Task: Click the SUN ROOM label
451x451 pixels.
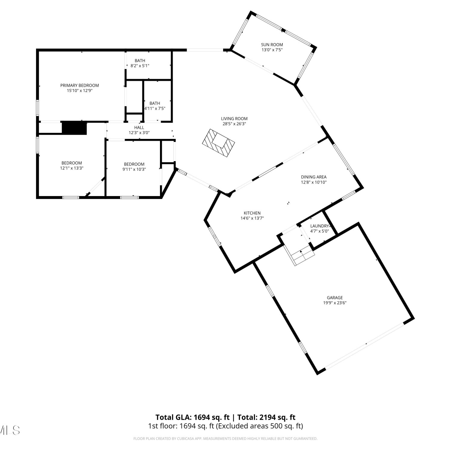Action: click(x=272, y=45)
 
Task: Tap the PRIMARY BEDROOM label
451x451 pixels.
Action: click(x=80, y=85)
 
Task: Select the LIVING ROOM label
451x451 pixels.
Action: click(x=234, y=119)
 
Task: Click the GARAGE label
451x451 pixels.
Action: click(x=335, y=298)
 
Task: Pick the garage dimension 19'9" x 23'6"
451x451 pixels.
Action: click(x=335, y=303)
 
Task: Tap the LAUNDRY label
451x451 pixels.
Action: click(x=320, y=226)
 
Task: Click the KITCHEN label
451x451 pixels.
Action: click(x=252, y=213)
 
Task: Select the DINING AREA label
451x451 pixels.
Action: click(x=314, y=177)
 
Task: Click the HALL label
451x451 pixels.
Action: click(x=139, y=127)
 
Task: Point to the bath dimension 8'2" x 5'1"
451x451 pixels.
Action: click(x=140, y=66)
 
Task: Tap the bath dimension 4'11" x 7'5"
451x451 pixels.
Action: click(x=155, y=109)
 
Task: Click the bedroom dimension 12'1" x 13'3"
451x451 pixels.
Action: click(x=72, y=168)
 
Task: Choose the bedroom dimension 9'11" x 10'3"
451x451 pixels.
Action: click(x=134, y=169)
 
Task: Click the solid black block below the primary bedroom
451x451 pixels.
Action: click(x=74, y=128)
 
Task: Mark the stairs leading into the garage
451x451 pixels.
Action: click(x=302, y=255)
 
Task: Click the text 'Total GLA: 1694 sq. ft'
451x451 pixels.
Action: click(x=192, y=417)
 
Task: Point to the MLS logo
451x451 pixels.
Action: click(x=10, y=430)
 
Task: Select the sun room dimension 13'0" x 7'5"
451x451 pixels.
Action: click(x=272, y=50)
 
